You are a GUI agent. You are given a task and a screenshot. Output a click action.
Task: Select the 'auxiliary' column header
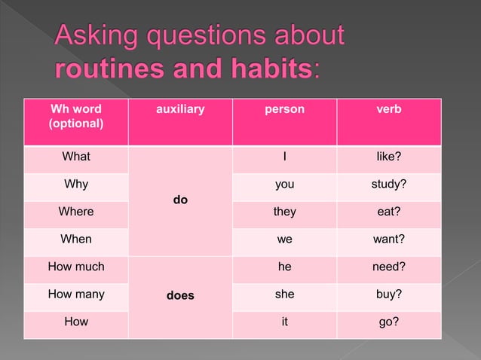[x=179, y=110]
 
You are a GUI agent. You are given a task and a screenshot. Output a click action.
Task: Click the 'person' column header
[x=284, y=110]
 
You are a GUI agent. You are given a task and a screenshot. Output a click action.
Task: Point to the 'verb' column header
[x=388, y=110]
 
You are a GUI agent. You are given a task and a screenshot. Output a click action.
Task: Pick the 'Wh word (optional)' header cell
[x=76, y=116]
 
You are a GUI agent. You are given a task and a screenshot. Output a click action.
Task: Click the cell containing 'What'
[x=76, y=157]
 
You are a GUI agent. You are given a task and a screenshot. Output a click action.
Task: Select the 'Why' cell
[x=76, y=185]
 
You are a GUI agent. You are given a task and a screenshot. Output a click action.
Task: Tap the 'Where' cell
[x=76, y=212]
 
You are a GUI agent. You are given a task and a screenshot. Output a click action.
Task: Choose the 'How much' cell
[x=76, y=267]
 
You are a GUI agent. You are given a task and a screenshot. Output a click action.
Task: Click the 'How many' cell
[x=76, y=294]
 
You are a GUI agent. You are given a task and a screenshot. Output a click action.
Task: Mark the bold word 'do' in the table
[x=180, y=200]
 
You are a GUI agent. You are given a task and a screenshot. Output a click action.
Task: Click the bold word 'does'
[x=180, y=296]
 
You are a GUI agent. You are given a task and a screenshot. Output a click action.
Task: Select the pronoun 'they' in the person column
[x=284, y=212]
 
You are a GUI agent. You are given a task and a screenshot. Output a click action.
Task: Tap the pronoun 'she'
[x=284, y=294]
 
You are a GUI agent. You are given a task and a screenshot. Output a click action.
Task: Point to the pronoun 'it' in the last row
[x=284, y=322]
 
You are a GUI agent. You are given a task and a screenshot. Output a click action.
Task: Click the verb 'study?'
[x=388, y=185]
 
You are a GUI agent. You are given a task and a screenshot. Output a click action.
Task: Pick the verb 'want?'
[x=388, y=239]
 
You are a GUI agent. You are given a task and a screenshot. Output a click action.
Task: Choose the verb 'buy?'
[x=388, y=294]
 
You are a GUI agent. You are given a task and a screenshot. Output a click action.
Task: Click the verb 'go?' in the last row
[x=388, y=322]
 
